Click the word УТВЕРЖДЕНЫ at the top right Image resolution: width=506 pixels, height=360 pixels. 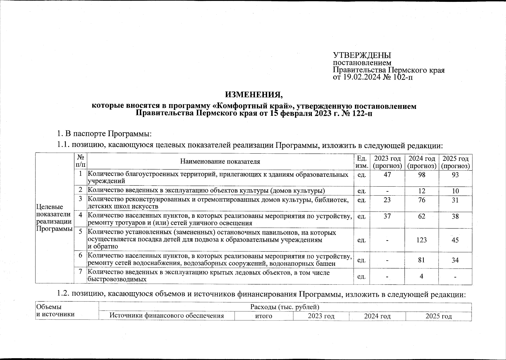tap(362, 56)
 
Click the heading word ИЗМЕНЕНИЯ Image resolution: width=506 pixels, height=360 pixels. tap(254, 95)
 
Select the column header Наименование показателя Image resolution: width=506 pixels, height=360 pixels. tap(220, 162)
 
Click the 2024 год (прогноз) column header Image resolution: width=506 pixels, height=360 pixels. tap(422, 162)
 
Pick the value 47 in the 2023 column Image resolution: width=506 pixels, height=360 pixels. tap(387, 175)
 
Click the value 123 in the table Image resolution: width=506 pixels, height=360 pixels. tap(422, 240)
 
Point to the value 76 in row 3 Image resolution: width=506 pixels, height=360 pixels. tap(422, 200)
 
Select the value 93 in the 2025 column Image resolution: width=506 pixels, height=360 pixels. tap(455, 175)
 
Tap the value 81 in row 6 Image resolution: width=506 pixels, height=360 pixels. tap(422, 260)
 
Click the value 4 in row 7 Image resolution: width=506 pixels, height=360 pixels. tap(422, 276)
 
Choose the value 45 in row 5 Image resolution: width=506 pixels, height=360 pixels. tap(455, 240)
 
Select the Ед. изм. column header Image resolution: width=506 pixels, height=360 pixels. tap(362, 162)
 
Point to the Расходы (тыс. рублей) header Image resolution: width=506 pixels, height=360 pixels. tap(285, 307)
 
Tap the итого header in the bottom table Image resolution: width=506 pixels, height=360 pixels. tap(264, 316)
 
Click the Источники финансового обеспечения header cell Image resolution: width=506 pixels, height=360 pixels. tap(167, 316)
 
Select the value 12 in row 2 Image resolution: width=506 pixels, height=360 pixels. tap(422, 191)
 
